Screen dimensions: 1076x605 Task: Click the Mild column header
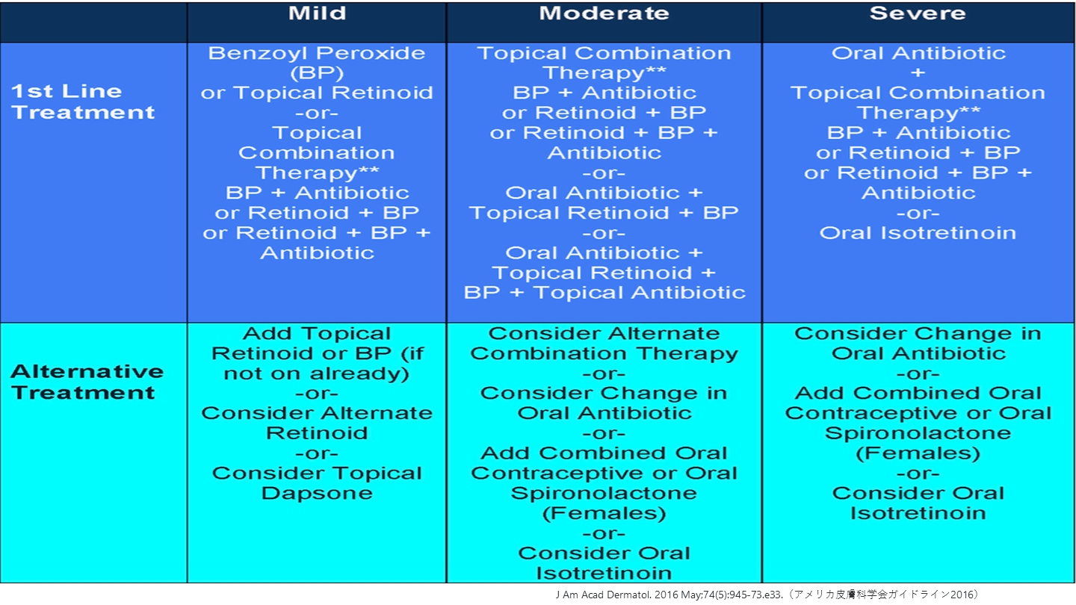point(317,13)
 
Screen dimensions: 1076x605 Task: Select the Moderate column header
point(604,13)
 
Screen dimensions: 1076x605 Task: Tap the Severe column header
point(918,13)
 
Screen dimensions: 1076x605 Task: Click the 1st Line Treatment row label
point(83,102)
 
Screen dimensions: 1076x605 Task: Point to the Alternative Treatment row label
point(87,382)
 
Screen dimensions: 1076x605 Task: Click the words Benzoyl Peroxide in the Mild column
point(317,53)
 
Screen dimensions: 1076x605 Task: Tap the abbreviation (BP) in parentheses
point(317,73)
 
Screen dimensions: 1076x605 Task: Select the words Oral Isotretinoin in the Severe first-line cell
point(918,233)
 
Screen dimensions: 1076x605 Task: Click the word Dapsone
point(317,493)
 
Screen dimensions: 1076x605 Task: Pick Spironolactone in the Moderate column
point(604,493)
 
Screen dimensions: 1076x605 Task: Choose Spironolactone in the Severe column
point(918,433)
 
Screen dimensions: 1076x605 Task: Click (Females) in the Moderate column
point(604,513)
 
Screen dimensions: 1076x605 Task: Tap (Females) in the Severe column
point(918,453)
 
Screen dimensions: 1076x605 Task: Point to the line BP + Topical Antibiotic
point(605,293)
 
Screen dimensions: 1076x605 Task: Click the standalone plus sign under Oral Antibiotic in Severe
point(918,73)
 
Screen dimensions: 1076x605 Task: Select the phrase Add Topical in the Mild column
point(317,333)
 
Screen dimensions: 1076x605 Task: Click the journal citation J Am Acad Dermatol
point(604,595)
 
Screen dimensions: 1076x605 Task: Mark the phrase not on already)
point(317,373)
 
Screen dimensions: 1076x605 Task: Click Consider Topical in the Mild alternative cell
point(317,474)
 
